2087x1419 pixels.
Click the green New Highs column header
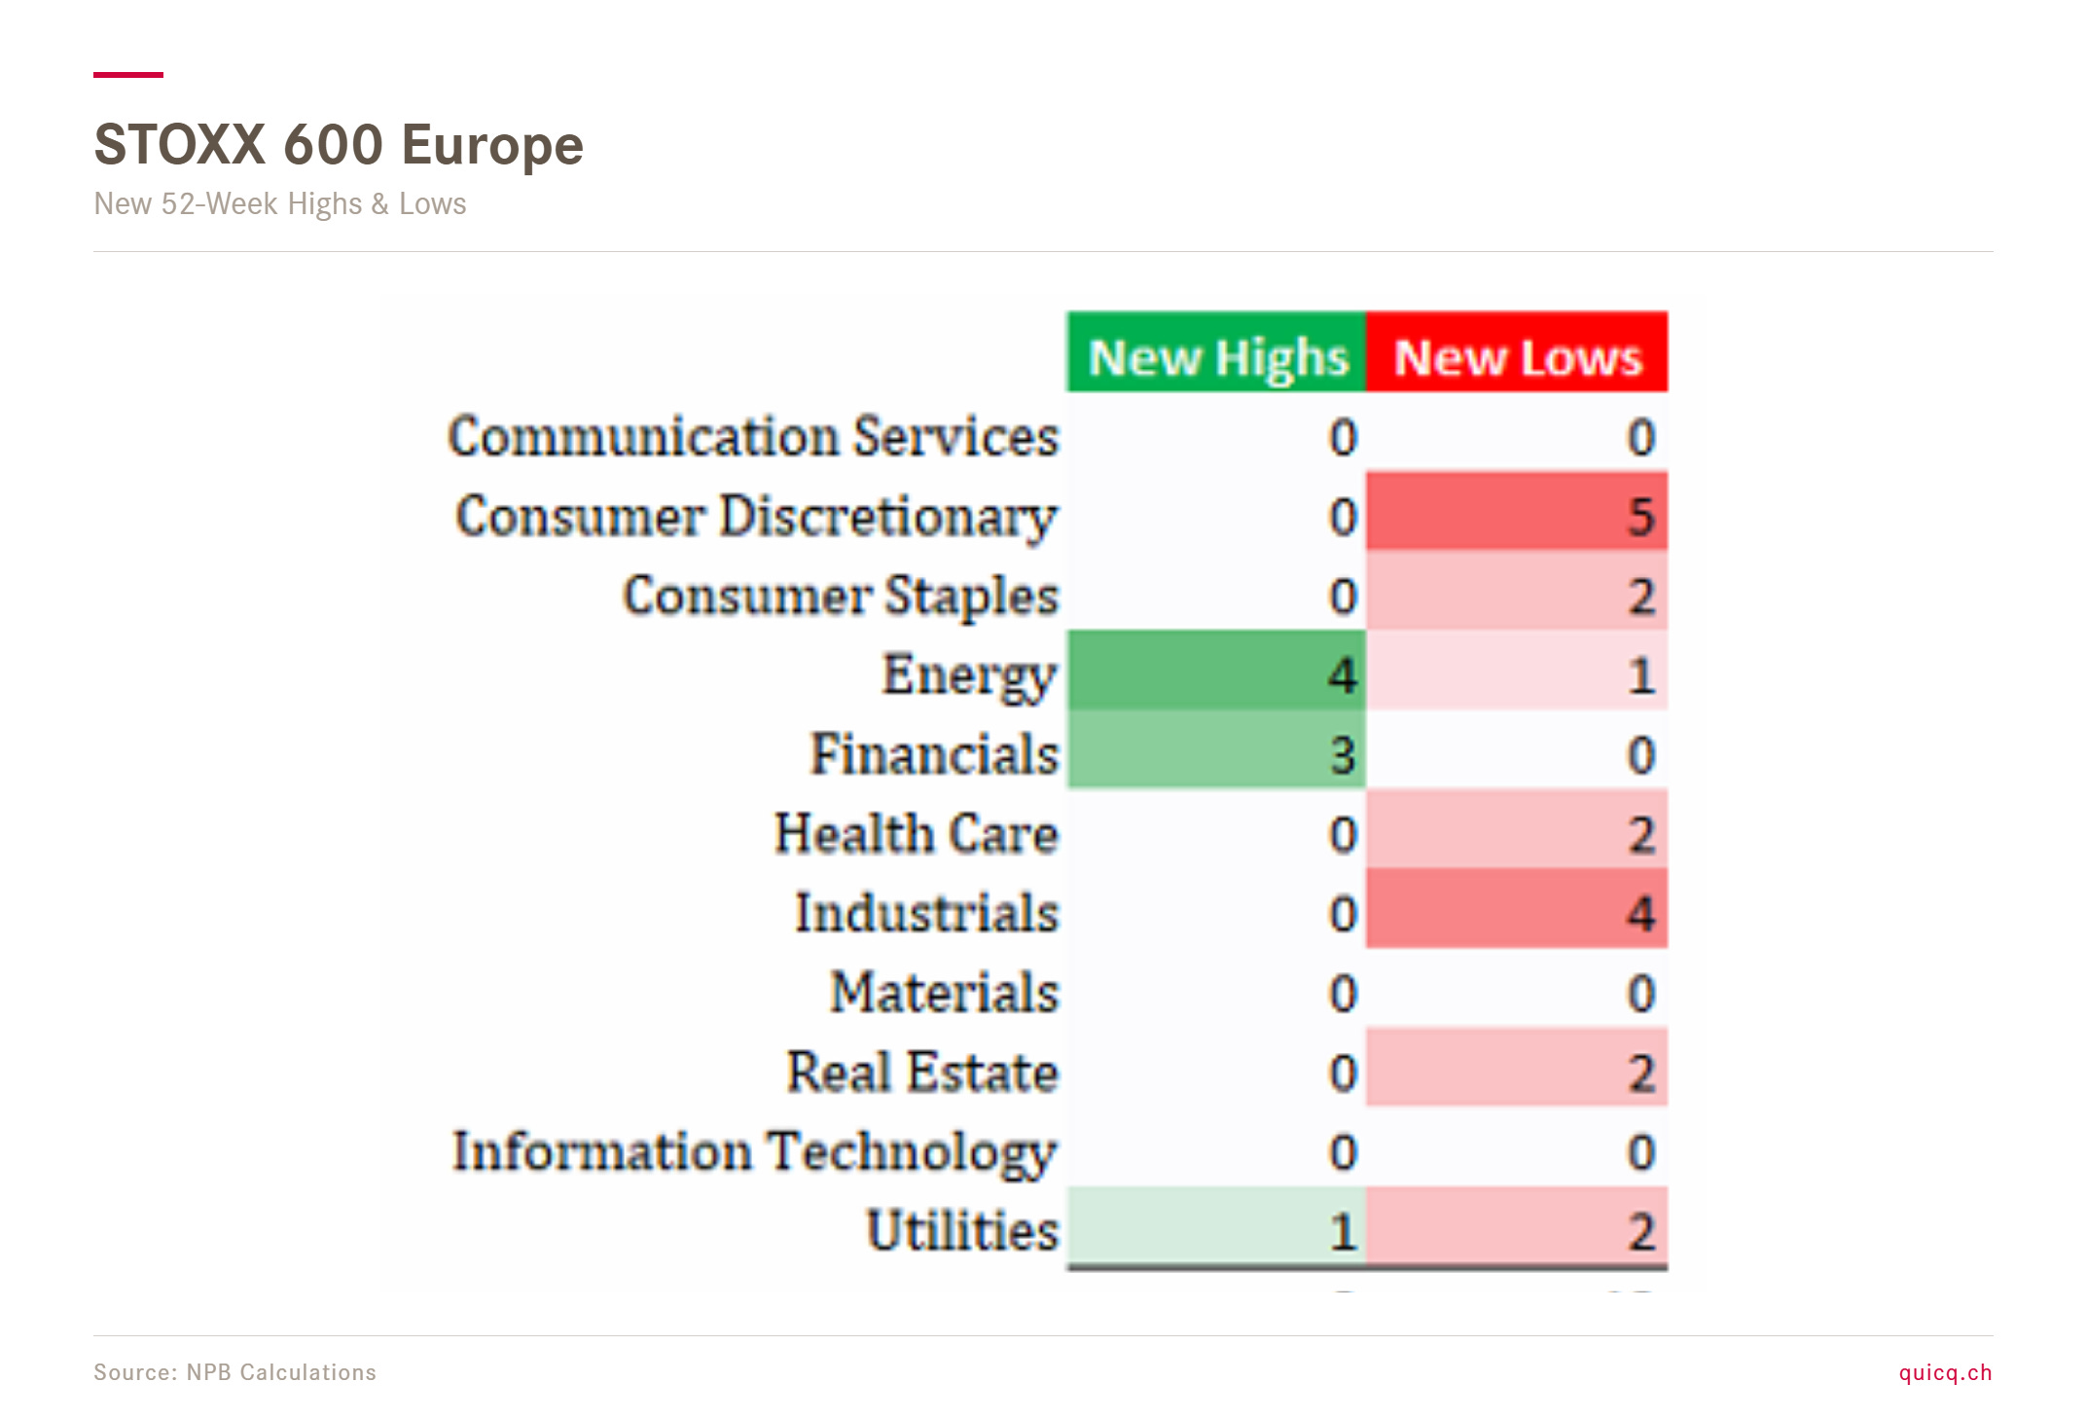click(1216, 352)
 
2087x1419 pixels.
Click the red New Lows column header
click(1517, 352)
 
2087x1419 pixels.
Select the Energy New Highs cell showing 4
click(1216, 671)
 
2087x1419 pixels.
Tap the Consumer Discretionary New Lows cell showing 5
click(1517, 512)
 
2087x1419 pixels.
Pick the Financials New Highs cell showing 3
click(1216, 749)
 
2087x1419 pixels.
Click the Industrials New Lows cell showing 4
click(1517, 909)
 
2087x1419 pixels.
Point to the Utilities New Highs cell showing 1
click(1216, 1226)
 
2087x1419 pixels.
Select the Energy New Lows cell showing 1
click(1517, 671)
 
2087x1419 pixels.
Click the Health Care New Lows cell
click(1517, 829)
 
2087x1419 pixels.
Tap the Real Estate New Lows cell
click(1517, 1068)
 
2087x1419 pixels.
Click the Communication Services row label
click(753, 436)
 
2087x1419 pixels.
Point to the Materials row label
click(945, 993)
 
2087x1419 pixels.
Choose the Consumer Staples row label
click(841, 597)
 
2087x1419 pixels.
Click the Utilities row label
click(963, 1230)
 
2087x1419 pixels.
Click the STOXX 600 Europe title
click(339, 145)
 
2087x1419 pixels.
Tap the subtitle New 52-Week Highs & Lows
click(280, 203)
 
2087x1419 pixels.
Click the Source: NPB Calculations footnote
click(234, 1372)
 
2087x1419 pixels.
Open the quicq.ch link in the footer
click(1946, 1373)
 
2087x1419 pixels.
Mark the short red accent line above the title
click(128, 74)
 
